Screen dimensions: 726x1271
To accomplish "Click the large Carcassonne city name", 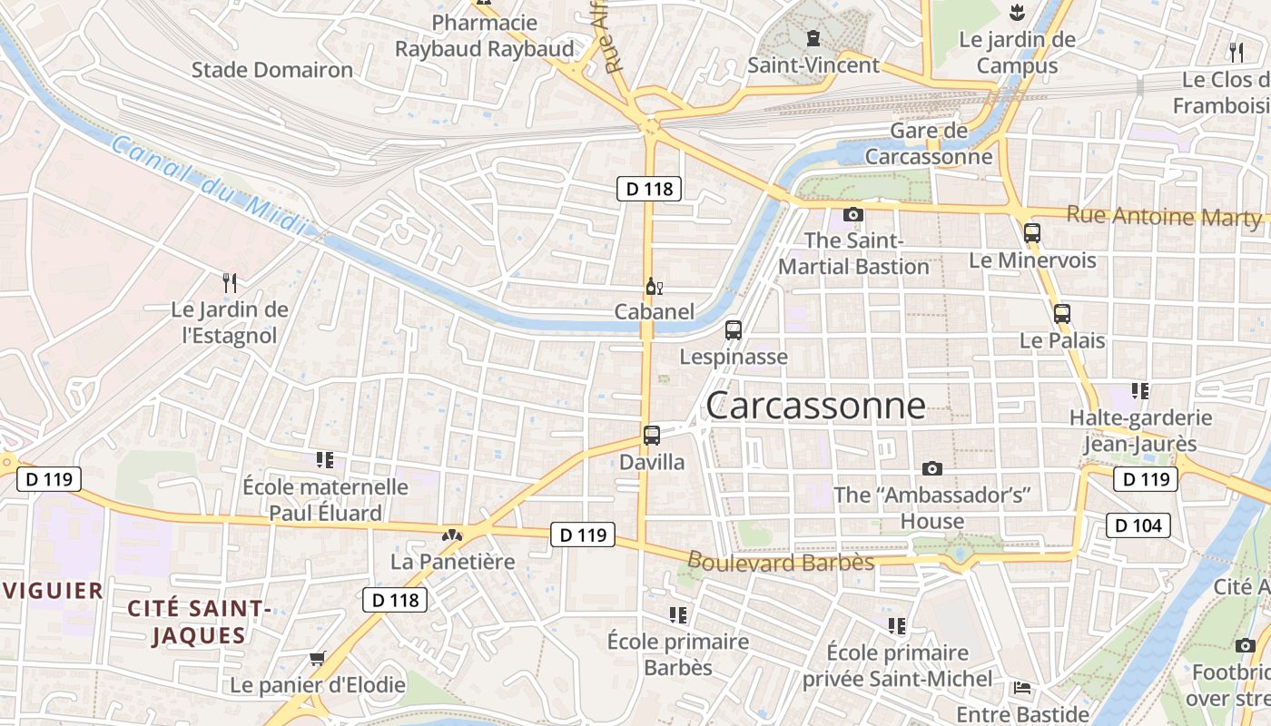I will pos(815,406).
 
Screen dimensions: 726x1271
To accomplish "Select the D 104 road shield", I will pos(1138,525).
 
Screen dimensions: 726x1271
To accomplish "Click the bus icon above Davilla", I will pos(651,436).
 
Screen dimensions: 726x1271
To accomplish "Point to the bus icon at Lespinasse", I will pos(734,330).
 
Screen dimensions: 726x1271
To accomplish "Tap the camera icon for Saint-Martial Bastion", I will pos(852,215).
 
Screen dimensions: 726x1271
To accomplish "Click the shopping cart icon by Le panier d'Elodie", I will pos(317,658).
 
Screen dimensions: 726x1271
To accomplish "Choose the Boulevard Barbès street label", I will pos(781,562).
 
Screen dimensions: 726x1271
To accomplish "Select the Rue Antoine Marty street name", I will pos(1164,216).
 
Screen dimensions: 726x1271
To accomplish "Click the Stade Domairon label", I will pos(272,70).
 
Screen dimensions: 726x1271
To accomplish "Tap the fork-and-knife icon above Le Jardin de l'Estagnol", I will pos(230,283).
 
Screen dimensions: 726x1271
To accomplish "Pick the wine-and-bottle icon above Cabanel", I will pos(654,287).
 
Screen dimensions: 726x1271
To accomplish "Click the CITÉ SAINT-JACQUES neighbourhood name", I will pos(199,622).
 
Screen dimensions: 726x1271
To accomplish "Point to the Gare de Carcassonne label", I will pos(928,143).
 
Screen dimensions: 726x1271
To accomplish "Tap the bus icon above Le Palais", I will pos(1061,315).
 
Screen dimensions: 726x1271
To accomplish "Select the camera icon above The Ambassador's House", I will pos(931,469).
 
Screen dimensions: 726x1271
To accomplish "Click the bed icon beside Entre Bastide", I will pos(1021,687).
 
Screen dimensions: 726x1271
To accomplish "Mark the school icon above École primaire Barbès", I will pos(677,615).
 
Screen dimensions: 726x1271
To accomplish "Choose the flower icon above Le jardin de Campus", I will pos(1016,13).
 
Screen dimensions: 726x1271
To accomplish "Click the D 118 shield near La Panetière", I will pos(395,600).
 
